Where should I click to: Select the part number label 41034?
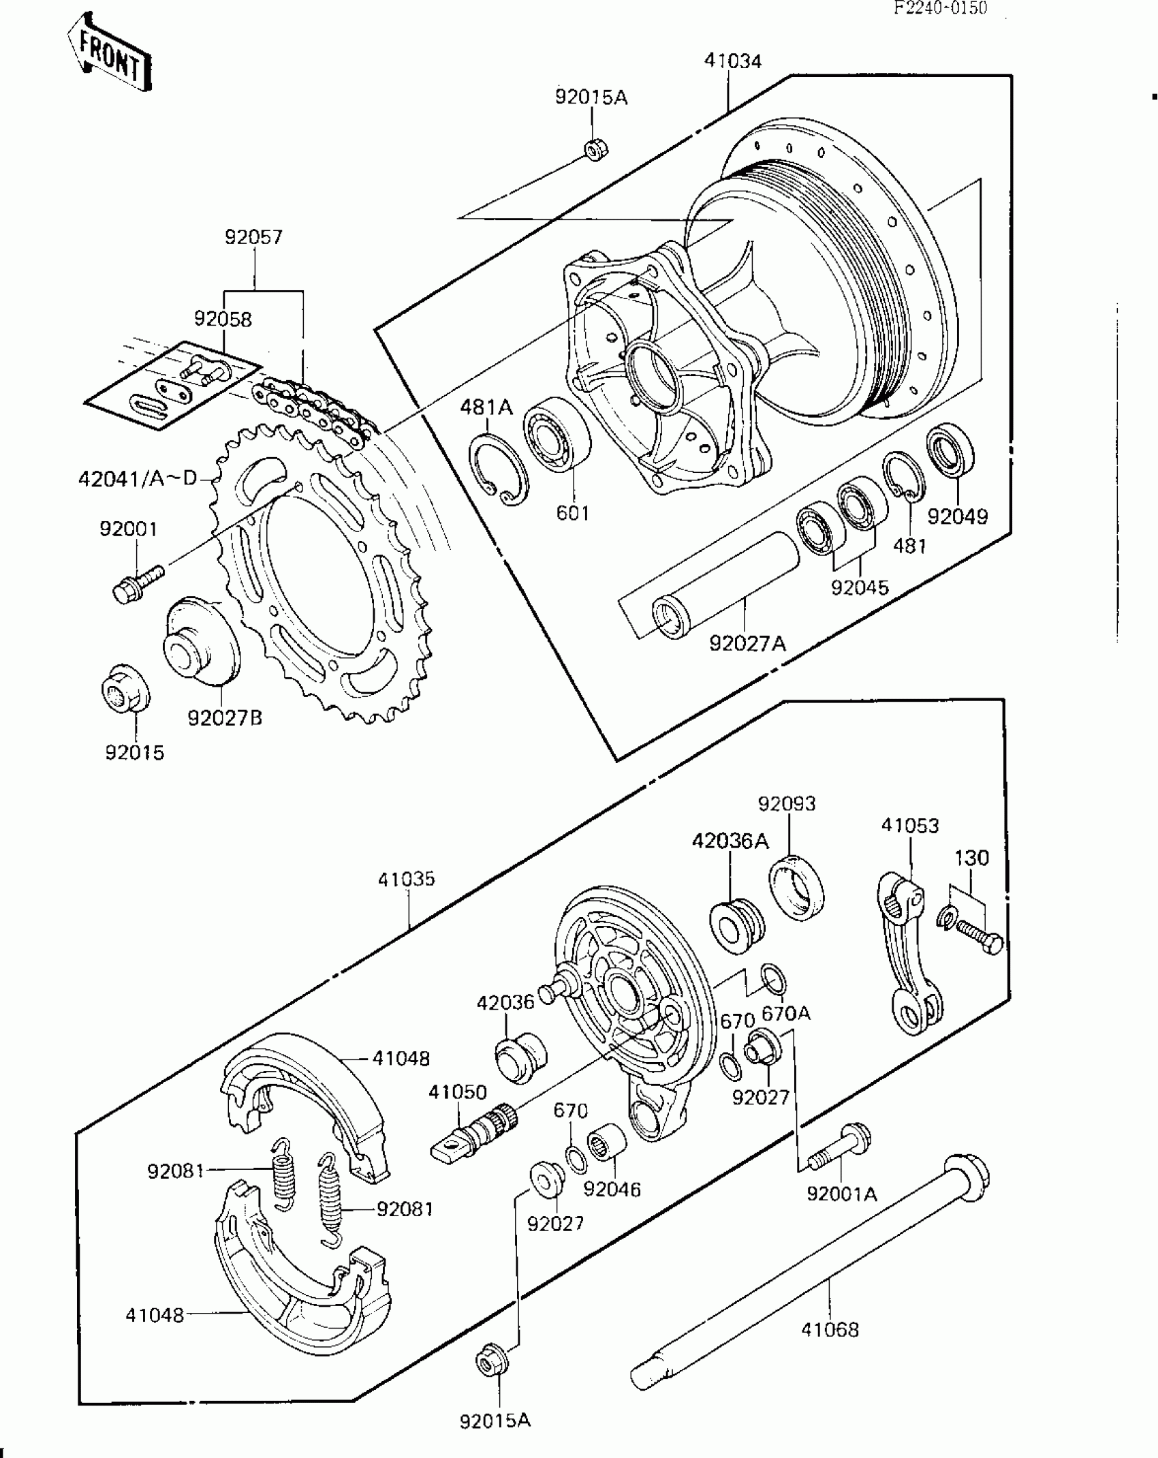coord(732,61)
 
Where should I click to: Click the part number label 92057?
coord(253,238)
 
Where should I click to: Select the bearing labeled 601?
coord(557,434)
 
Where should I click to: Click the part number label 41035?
coord(406,879)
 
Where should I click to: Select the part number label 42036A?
coord(730,841)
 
